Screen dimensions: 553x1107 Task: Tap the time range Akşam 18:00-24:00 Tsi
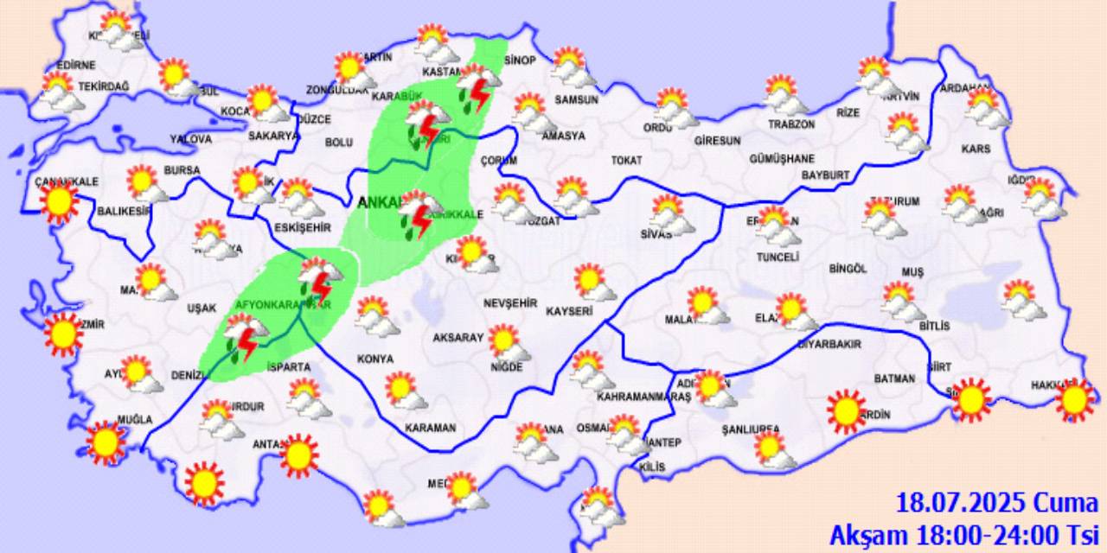tap(964, 534)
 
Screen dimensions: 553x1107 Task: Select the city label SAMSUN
tap(577, 99)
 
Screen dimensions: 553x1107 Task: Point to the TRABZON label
tap(791, 124)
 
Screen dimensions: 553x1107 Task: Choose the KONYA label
tap(375, 359)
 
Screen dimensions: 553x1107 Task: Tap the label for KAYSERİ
tap(569, 310)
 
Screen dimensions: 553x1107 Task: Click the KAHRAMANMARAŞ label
tap(643, 397)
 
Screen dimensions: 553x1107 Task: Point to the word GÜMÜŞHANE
tap(782, 159)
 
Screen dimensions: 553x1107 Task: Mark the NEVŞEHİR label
tap(510, 303)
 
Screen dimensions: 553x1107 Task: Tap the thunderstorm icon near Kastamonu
tap(477, 86)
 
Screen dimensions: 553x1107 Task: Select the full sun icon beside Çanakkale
tap(59, 202)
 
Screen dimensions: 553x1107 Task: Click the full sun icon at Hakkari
tap(1075, 399)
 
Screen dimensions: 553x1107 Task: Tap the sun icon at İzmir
tap(63, 334)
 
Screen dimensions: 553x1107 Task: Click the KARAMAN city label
tap(430, 428)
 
